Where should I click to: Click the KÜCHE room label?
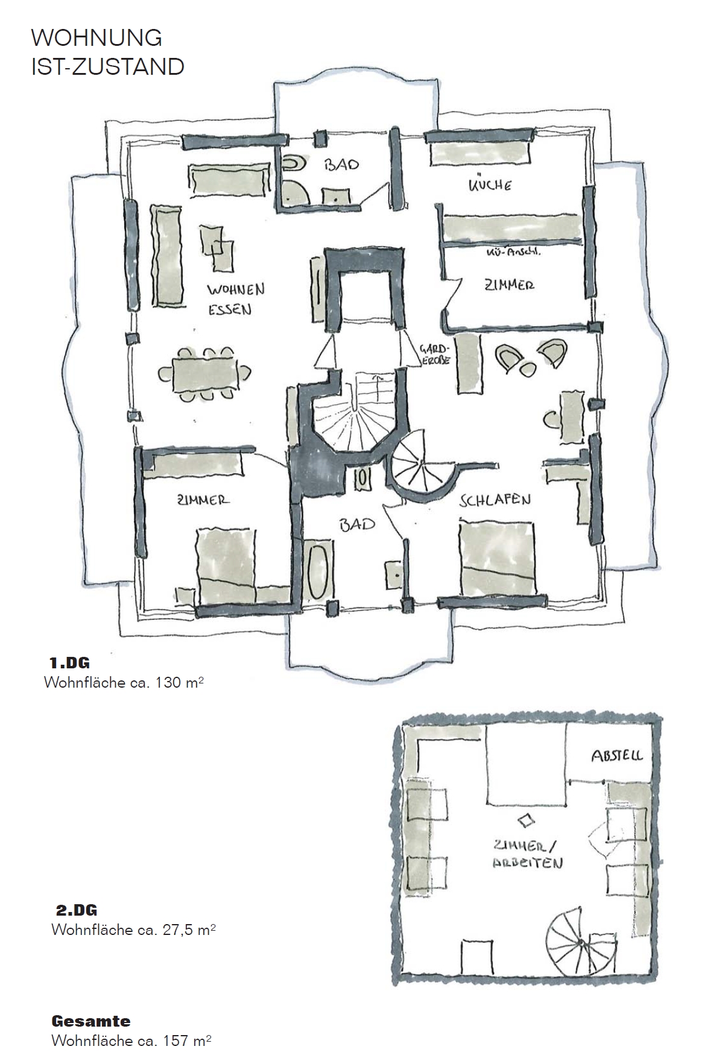click(490, 184)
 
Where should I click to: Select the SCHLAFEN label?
click(495, 500)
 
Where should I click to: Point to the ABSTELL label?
click(616, 755)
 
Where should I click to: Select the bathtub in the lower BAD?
click(318, 572)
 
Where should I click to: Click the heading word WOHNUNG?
click(96, 38)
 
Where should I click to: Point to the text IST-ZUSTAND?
click(108, 66)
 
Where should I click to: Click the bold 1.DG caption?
click(69, 663)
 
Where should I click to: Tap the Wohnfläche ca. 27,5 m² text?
click(134, 930)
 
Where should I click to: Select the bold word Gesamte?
click(91, 1021)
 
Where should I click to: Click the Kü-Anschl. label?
click(513, 253)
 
